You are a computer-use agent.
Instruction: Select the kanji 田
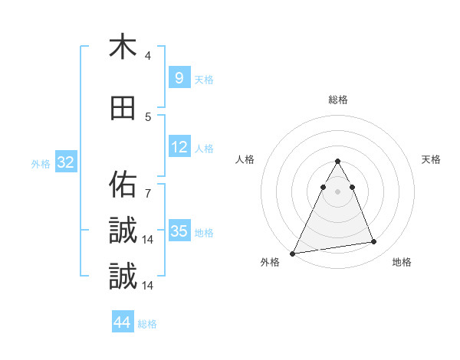point(123,108)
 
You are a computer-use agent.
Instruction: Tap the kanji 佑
point(123,184)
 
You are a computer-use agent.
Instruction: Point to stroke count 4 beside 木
point(148,56)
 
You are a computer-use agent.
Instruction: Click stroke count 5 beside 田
point(148,117)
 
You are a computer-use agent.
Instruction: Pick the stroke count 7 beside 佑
point(148,193)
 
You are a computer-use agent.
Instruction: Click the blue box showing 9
point(179,77)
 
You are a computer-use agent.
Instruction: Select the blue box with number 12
point(179,147)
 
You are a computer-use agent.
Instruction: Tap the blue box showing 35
point(179,231)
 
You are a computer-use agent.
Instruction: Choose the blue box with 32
point(65,162)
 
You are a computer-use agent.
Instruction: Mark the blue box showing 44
point(122,322)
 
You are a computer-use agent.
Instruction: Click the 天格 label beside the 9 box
point(204,79)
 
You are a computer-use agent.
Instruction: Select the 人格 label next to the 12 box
point(204,149)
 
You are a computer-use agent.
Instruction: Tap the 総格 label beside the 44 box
point(147,324)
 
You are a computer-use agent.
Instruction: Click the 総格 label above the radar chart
point(337,100)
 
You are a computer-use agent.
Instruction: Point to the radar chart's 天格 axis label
point(431,159)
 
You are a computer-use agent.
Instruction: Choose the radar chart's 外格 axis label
point(270,262)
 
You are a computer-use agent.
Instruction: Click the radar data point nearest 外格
point(293,253)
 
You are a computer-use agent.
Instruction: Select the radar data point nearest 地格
point(374,242)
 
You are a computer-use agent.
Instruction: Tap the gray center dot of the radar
point(337,192)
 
